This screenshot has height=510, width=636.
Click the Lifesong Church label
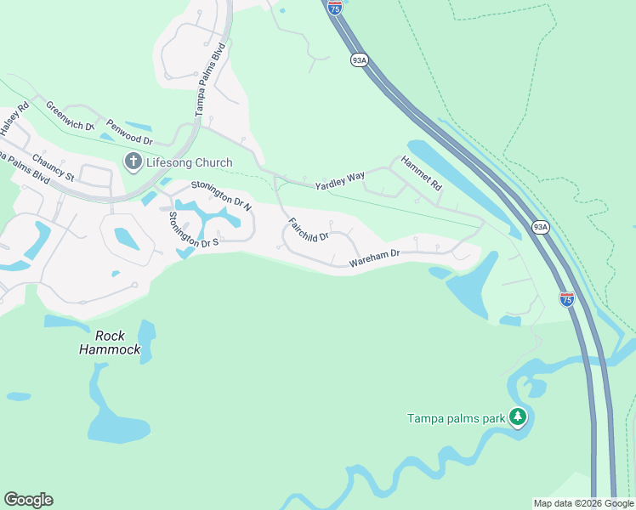coord(189,161)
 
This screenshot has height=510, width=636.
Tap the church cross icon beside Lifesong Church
coord(133,161)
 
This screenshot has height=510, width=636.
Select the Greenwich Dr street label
coord(71,116)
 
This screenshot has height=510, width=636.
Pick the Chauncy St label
coord(54,167)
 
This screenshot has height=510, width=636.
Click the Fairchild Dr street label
coord(308,230)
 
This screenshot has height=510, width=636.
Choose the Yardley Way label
coord(340,180)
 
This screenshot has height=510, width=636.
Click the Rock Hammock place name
coord(110,342)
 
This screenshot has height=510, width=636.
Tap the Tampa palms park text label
coord(456,417)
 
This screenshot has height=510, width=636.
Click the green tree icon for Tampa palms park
coord(518,416)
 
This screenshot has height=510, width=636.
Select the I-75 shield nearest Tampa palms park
coord(567,298)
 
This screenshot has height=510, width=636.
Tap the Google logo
coord(28,500)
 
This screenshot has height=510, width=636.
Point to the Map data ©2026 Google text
coord(583,503)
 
